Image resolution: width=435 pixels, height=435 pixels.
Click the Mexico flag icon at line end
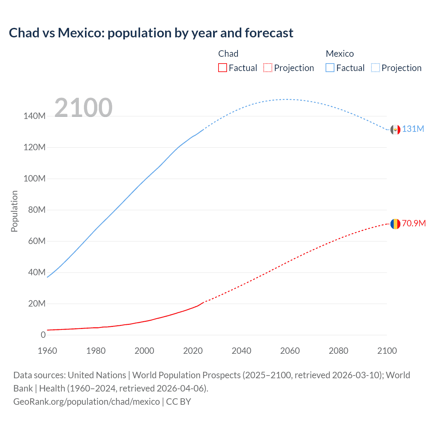pyautogui.click(x=395, y=129)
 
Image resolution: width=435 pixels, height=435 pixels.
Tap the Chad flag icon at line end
pyautogui.click(x=395, y=224)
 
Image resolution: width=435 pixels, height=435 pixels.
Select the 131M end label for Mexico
pyautogui.click(x=413, y=129)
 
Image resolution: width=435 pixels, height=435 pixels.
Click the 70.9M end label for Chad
pyautogui.click(x=414, y=223)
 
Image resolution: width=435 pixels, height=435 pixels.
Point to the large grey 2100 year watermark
pyautogui.click(x=83, y=108)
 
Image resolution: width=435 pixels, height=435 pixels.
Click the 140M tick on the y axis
pyautogui.click(x=34, y=116)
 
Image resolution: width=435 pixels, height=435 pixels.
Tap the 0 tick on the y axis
pyautogui.click(x=43, y=335)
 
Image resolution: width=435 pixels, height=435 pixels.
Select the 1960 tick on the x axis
pyautogui.click(x=47, y=351)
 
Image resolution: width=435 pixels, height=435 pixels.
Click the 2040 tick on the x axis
pyautogui.click(x=241, y=351)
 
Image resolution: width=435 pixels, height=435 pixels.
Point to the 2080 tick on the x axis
pyautogui.click(x=338, y=351)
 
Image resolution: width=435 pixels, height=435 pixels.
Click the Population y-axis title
pyautogui.click(x=14, y=211)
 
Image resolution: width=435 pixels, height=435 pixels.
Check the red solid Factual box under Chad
pyautogui.click(x=222, y=68)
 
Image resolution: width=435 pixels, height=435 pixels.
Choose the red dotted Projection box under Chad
pyautogui.click(x=268, y=68)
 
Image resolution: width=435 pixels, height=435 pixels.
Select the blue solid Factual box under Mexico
pyautogui.click(x=330, y=68)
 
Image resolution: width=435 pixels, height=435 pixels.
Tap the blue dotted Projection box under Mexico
pyautogui.click(x=376, y=68)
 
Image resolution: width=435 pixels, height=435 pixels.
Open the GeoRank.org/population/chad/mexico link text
pyautogui.click(x=86, y=402)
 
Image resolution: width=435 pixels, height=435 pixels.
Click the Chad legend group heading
pyautogui.click(x=228, y=54)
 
